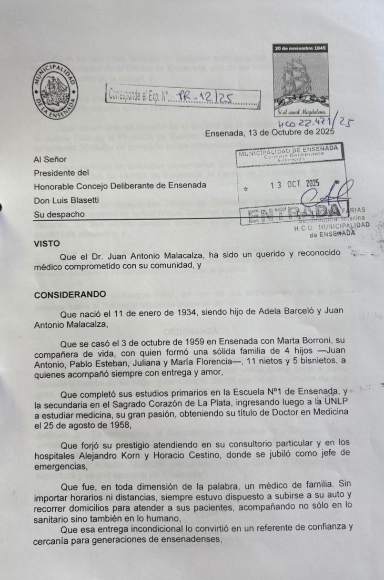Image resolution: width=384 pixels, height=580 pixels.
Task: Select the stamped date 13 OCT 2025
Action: (294, 185)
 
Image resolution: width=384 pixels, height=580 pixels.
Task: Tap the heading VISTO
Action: (47, 243)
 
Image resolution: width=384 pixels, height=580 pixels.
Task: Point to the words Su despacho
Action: (59, 214)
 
